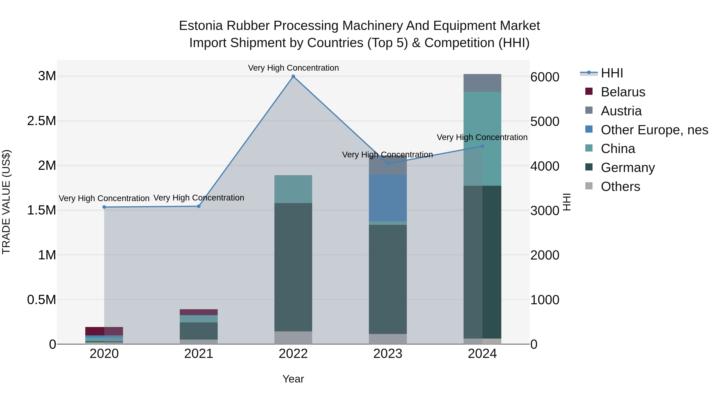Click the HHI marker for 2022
click(293, 76)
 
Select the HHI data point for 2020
click(104, 207)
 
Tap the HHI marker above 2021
click(199, 206)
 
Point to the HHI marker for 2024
click(482, 146)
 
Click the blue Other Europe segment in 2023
click(388, 198)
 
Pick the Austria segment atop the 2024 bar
click(482, 83)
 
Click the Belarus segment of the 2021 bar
click(199, 312)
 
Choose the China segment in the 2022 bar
click(293, 189)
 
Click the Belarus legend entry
click(623, 92)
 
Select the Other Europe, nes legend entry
click(654, 130)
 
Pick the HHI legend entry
click(612, 73)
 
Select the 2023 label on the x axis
click(388, 354)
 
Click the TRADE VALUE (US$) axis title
click(6, 202)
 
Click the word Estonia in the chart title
click(201, 26)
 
